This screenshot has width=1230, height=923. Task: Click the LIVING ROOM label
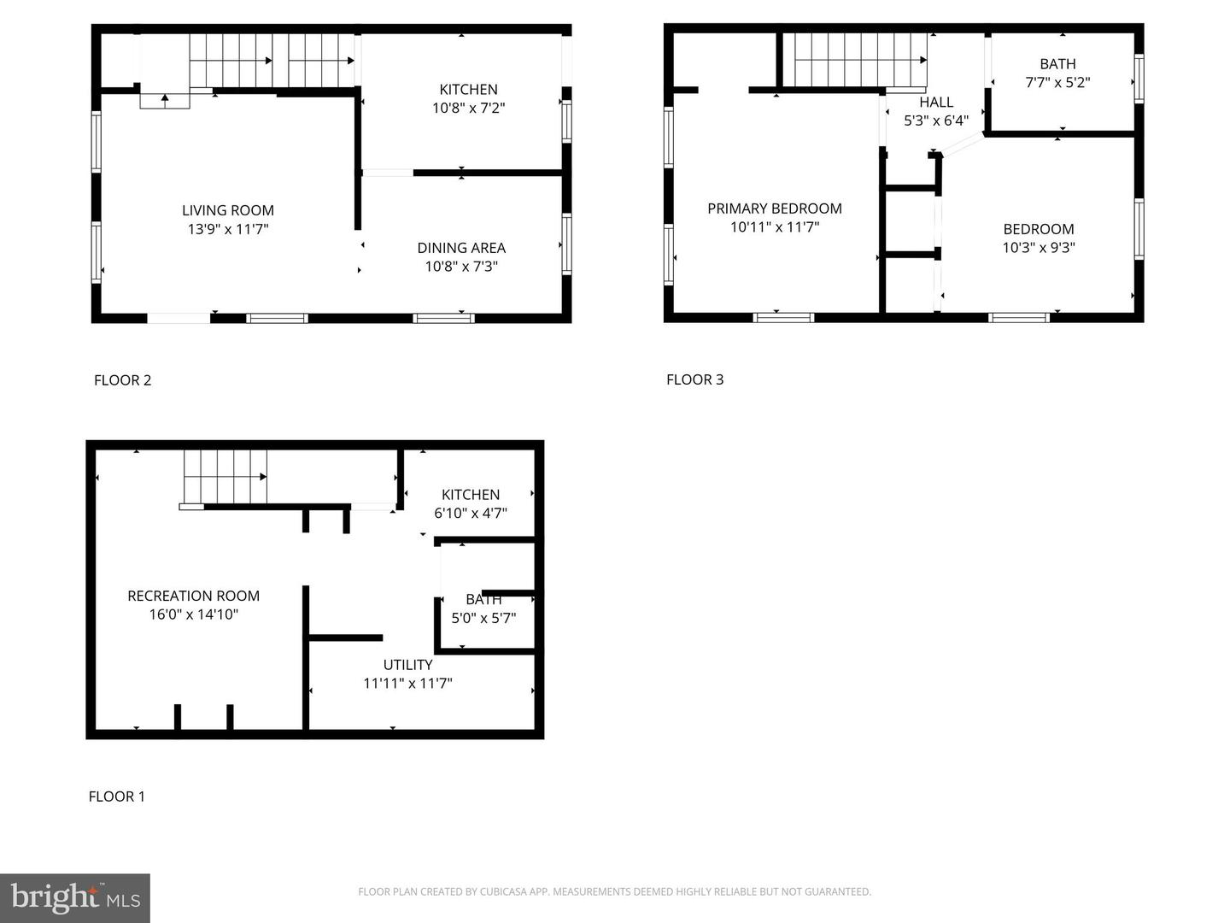(227, 210)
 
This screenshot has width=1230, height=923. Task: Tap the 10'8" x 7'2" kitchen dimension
(468, 108)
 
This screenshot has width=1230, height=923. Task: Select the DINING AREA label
(461, 248)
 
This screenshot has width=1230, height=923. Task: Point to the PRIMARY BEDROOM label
(775, 209)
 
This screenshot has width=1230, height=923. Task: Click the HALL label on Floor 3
(936, 102)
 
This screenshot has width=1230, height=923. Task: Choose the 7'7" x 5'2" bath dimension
(1057, 82)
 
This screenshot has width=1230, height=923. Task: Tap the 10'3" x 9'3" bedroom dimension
(1039, 247)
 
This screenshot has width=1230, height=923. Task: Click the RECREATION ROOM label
(193, 596)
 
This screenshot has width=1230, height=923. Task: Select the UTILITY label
(407, 665)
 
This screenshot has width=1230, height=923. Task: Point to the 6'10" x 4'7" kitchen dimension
(470, 513)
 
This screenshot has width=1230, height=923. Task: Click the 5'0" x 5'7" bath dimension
(483, 618)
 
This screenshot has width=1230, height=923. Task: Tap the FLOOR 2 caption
(122, 380)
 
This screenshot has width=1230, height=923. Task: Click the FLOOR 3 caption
(694, 379)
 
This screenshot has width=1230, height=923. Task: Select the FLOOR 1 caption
(116, 797)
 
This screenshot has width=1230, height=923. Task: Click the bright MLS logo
(75, 897)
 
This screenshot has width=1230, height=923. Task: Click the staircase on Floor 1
(225, 477)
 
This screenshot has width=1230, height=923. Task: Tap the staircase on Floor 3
(860, 60)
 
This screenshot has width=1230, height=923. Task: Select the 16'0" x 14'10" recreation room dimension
(193, 614)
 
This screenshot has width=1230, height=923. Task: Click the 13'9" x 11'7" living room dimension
(227, 229)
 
